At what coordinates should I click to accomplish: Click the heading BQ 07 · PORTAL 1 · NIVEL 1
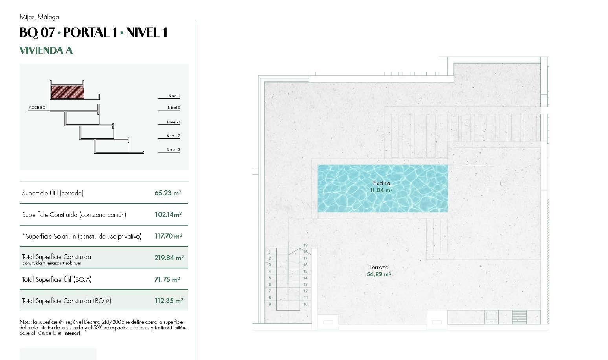pyautogui.click(x=94, y=32)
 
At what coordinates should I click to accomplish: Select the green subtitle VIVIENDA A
pyautogui.click(x=46, y=50)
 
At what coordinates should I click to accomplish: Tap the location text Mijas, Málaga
pyautogui.click(x=39, y=17)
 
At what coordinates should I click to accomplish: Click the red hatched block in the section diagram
pyautogui.click(x=67, y=92)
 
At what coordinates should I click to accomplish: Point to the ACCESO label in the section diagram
pyautogui.click(x=37, y=108)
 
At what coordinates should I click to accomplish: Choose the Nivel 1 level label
pyautogui.click(x=174, y=96)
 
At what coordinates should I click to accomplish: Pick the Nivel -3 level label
pyautogui.click(x=173, y=150)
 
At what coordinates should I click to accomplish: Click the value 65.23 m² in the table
pyautogui.click(x=168, y=193)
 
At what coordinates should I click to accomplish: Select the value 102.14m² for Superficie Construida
pyautogui.click(x=168, y=215)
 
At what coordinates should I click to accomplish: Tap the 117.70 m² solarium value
pyautogui.click(x=168, y=236)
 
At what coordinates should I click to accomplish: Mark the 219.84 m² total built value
pyautogui.click(x=169, y=258)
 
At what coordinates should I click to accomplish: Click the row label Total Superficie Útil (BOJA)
pyautogui.click(x=57, y=279)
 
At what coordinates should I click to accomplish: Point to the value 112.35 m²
pyautogui.click(x=169, y=301)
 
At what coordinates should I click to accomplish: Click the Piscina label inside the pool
pyautogui.click(x=381, y=183)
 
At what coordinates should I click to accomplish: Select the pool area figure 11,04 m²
pyautogui.click(x=381, y=190)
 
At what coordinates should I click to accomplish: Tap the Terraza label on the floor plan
pyautogui.click(x=379, y=267)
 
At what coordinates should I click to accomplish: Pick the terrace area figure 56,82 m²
pyautogui.click(x=379, y=274)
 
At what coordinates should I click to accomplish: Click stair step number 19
pyautogui.click(x=305, y=245)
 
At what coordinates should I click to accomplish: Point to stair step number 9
pyautogui.click(x=270, y=304)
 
